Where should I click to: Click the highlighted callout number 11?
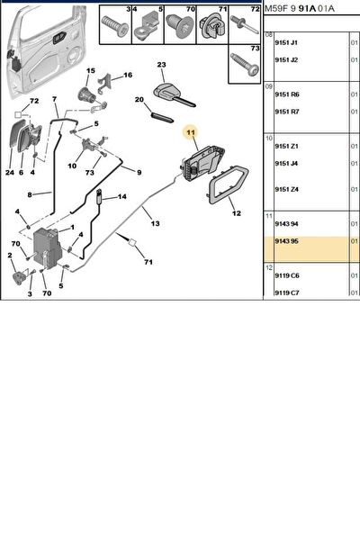191,132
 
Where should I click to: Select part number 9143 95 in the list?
286,241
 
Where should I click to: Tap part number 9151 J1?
286,42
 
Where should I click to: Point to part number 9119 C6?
287,275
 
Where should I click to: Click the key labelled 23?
174,95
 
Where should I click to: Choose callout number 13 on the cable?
156,223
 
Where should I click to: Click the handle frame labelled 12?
229,184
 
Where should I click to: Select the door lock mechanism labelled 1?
47,248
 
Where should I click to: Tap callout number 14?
122,196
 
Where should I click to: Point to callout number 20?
139,100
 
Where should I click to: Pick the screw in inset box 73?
244,67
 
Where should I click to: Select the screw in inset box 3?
115,26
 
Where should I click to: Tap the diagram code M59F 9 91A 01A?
299,8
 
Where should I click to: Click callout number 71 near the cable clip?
148,262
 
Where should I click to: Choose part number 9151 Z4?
286,189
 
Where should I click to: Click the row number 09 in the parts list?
269,86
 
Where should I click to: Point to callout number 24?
10,172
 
